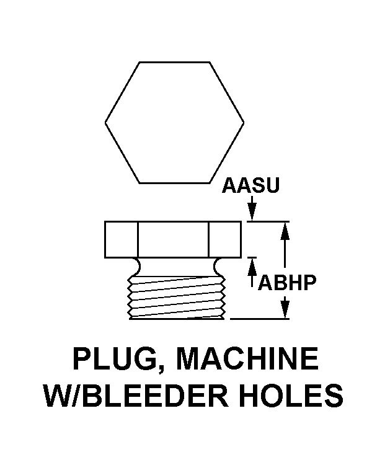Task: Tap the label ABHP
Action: (x=286, y=282)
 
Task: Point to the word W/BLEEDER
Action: (x=127, y=395)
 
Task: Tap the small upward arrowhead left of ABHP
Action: (x=252, y=265)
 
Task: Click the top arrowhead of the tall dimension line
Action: (x=285, y=228)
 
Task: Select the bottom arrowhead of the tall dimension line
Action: (x=285, y=312)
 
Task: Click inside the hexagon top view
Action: (x=175, y=122)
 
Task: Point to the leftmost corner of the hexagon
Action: (x=105, y=122)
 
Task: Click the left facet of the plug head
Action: (x=121, y=239)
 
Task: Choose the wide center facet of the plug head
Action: (x=173, y=239)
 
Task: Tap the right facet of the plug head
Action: (x=225, y=239)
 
